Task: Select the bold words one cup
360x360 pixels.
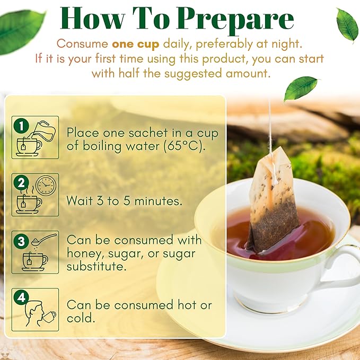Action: click(x=135, y=44)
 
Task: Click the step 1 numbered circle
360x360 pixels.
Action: click(x=21, y=126)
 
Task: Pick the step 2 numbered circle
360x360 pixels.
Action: click(x=21, y=183)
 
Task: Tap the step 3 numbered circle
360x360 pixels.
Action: click(x=21, y=241)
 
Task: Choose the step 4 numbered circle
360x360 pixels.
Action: click(x=21, y=298)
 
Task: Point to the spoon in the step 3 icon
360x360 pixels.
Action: click(x=42, y=239)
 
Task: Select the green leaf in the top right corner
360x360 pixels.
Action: click(x=347, y=24)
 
